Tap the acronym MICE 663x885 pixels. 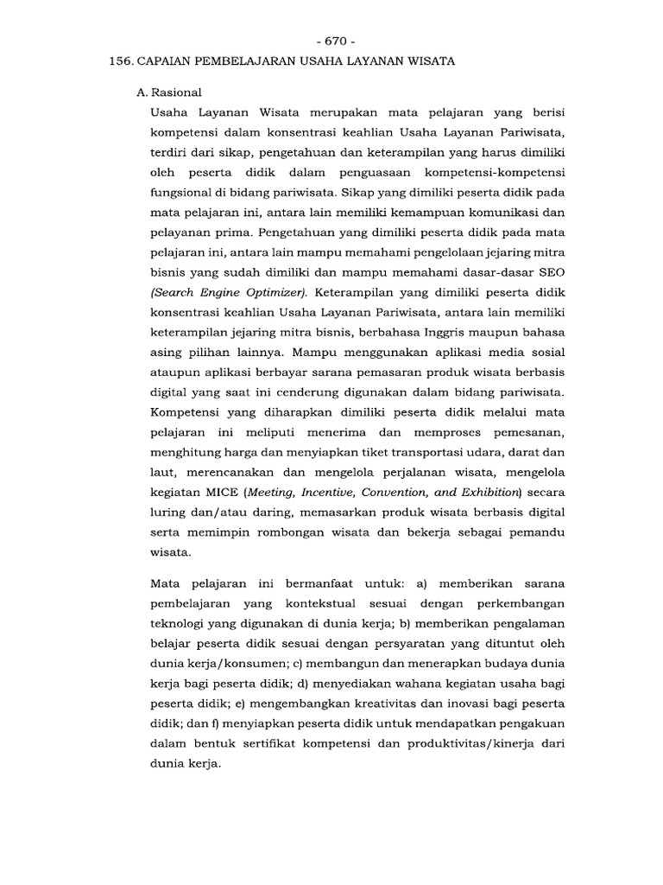pos(224,493)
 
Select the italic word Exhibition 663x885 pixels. pos(483,493)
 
